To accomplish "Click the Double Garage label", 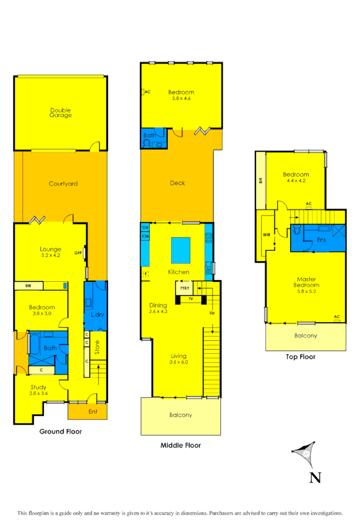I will coord(60,112).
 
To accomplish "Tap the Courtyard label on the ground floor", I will coord(62,183).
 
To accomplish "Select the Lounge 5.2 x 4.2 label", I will coord(50,252).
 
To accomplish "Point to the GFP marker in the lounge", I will coord(78,253).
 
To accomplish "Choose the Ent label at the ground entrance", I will coord(92,412).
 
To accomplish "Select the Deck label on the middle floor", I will coord(177,183).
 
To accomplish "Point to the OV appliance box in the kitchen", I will coord(145,227).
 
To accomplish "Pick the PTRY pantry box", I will coord(184,288).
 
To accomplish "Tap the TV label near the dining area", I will coord(191,298).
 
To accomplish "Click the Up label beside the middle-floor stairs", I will coord(211,313).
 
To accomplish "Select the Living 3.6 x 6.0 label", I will coord(179,359).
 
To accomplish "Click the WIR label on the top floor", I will coord(267,235).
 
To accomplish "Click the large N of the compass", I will coord(315,478).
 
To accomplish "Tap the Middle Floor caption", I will coord(181,445).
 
